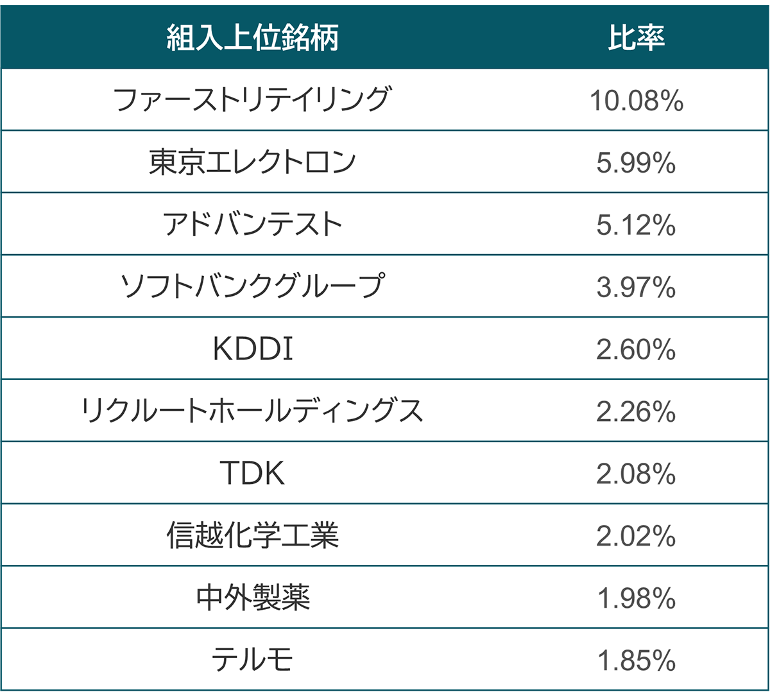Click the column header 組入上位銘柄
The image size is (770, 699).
pos(252,38)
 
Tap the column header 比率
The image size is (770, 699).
pos(636,38)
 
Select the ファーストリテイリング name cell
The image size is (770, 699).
pos(252,100)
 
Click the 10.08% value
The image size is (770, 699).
pos(636,101)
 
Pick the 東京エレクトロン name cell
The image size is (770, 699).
pos(252,162)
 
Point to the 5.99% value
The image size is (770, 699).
pos(636,163)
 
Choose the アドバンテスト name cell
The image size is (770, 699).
pos(252,224)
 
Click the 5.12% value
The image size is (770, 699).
pos(636,225)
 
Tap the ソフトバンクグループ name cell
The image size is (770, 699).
pos(252,286)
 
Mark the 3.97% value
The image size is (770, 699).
pos(636,287)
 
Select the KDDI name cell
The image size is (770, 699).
pos(252,349)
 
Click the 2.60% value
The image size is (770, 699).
pos(636,349)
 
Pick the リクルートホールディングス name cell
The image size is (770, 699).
pos(252,411)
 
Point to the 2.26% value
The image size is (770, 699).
pos(636,411)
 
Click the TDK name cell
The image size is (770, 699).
pos(252,473)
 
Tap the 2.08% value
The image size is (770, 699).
pos(636,474)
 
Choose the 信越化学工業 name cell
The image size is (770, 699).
pos(252,535)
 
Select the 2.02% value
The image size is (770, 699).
pos(636,536)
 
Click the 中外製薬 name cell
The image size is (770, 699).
pos(252,598)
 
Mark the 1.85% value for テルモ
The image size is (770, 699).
pos(636,660)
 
